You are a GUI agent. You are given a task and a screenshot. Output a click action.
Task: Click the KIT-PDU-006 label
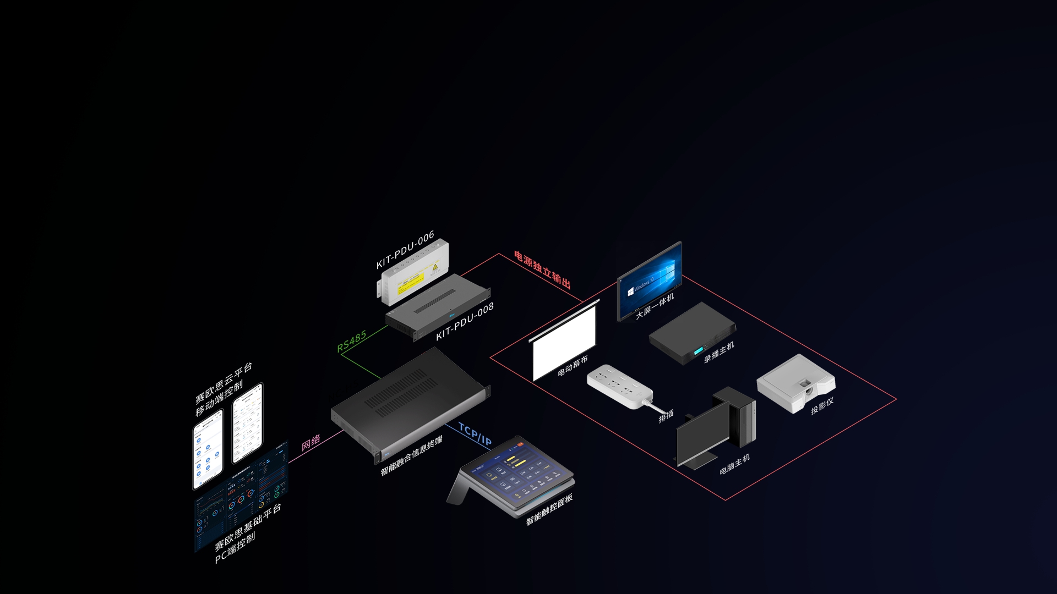pos(405,250)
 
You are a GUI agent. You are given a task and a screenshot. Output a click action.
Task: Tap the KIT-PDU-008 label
pos(465,322)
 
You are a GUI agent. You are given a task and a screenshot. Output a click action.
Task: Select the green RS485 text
pos(352,341)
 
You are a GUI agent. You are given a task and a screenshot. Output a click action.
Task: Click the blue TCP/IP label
pos(475,435)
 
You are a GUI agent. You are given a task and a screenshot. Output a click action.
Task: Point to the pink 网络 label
pos(311,442)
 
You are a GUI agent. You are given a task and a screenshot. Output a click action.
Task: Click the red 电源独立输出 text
pos(542,269)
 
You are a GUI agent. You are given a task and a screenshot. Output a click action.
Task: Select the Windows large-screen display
pos(650,280)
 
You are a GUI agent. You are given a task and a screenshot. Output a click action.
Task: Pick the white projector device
pos(796,383)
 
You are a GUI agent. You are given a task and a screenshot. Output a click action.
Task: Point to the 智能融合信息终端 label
pos(411,456)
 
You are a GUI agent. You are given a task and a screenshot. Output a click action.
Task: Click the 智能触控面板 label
pos(549,509)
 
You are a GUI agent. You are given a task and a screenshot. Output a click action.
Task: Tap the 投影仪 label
pos(822,406)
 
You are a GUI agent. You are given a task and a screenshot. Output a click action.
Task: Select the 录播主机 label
pos(719,352)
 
